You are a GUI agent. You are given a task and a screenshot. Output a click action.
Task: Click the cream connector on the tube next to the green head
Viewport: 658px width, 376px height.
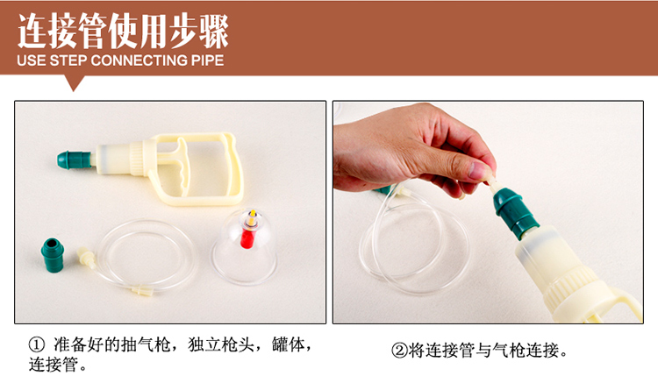click(x=85, y=257)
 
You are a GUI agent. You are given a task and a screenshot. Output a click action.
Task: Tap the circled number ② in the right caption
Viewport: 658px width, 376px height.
click(x=398, y=351)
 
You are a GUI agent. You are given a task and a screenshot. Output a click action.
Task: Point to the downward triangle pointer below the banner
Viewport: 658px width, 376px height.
click(x=74, y=84)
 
